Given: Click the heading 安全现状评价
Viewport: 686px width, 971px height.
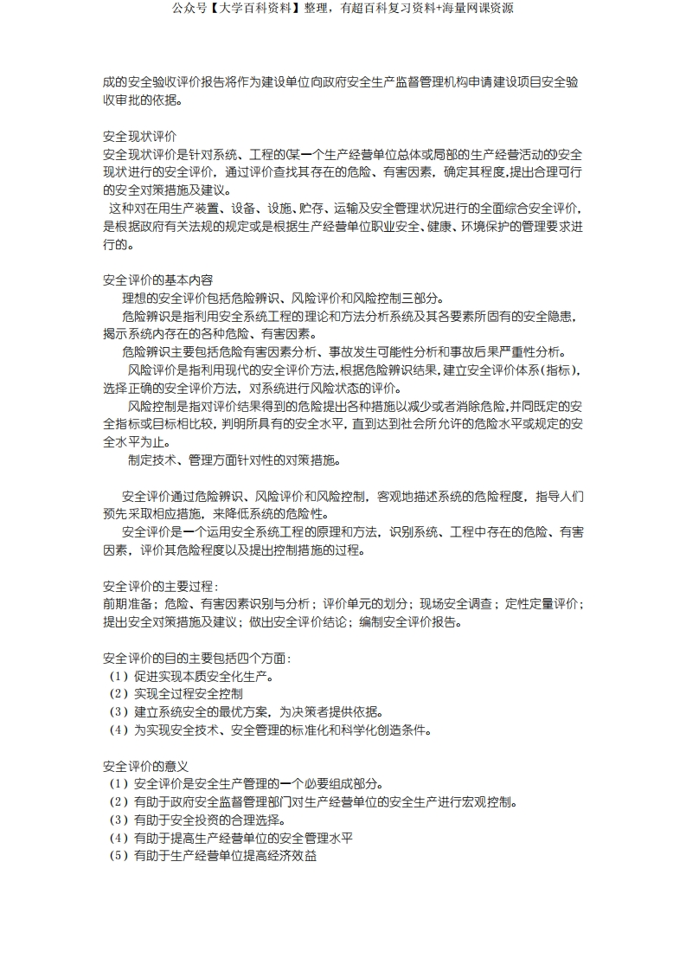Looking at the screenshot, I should tap(139, 137).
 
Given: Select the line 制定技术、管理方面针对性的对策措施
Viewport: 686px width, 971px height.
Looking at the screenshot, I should tap(234, 460).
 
